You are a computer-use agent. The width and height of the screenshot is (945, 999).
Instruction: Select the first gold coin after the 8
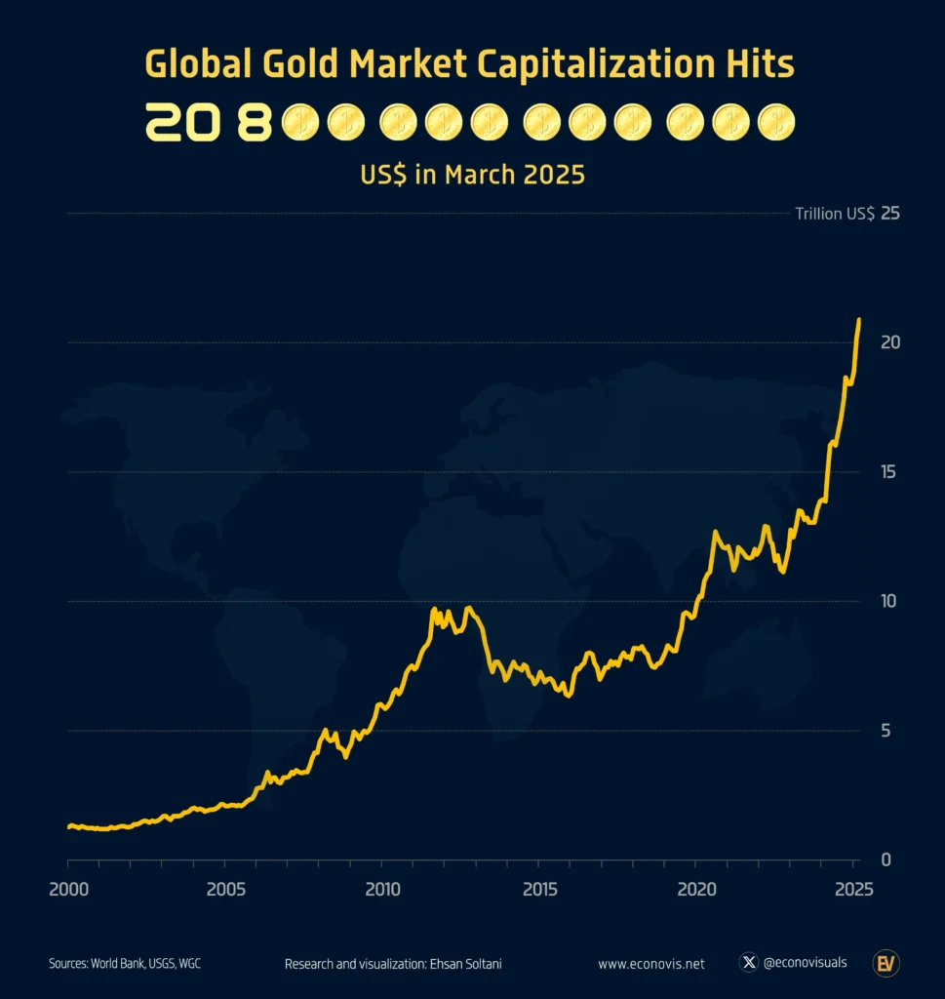(299, 123)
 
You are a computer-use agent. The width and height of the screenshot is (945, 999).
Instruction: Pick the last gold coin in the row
(776, 123)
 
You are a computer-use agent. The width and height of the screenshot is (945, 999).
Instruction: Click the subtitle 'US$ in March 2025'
(472, 175)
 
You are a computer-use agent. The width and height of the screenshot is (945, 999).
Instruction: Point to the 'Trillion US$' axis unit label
(834, 214)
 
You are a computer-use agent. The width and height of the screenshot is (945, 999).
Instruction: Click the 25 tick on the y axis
(889, 214)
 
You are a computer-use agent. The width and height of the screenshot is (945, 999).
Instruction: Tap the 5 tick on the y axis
(886, 731)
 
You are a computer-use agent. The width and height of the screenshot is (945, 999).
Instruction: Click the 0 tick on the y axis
(886, 859)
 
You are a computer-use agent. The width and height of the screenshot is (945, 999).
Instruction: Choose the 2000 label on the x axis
(68, 890)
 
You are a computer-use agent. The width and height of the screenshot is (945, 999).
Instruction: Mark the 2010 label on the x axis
(382, 890)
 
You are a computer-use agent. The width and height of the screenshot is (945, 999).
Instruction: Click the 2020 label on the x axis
(696, 890)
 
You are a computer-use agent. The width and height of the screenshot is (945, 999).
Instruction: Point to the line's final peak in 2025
(858, 320)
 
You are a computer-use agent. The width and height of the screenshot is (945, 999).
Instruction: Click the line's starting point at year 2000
(69, 826)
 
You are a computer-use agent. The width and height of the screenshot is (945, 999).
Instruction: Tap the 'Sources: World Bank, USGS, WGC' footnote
(125, 964)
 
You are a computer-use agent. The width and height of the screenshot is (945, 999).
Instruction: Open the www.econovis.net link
(650, 964)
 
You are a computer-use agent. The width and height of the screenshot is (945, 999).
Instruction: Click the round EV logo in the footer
(886, 963)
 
